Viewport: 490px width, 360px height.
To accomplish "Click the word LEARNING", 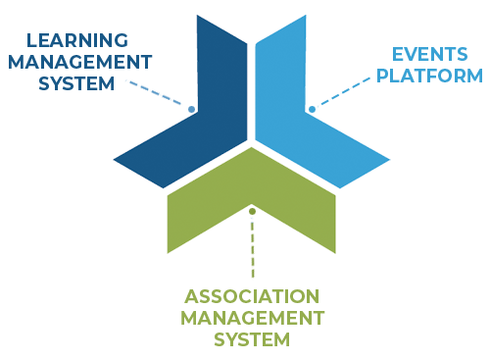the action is (77, 40).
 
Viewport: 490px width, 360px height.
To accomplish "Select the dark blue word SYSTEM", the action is (76, 83).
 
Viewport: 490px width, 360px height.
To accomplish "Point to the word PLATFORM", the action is (432, 75).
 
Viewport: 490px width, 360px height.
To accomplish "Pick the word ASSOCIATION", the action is (252, 296).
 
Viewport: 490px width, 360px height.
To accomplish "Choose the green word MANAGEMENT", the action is (252, 318).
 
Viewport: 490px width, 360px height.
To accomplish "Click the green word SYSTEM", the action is (252, 339).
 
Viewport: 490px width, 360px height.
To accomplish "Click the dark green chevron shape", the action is (252, 191).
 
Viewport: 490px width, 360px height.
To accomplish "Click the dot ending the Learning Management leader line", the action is (193, 109).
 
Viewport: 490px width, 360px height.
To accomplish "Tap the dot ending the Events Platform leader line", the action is (310, 108).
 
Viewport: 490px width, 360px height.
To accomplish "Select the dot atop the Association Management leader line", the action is (252, 210).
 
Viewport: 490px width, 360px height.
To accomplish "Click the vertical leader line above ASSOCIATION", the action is (252, 250).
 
